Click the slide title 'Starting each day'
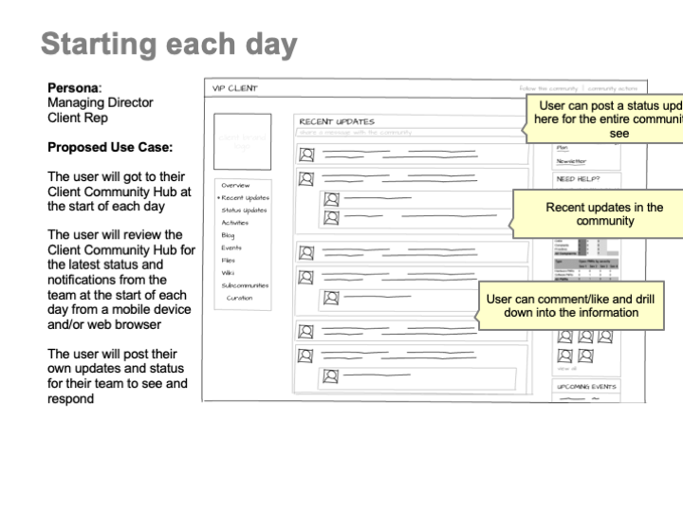[169, 45]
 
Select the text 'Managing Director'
[100, 102]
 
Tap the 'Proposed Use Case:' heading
[110, 148]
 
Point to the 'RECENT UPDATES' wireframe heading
[337, 121]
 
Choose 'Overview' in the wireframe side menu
[235, 185]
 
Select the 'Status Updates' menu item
[244, 210]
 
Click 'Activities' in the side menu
[234, 222]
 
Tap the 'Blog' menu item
[228, 235]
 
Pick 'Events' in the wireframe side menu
[231, 247]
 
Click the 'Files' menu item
[228, 260]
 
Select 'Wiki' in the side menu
[227, 272]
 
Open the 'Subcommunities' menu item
[245, 284]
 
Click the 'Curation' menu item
[239, 298]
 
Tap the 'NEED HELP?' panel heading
[578, 177]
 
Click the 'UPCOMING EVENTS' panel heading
[586, 387]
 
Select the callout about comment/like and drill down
[569, 305]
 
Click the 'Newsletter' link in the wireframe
[571, 161]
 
